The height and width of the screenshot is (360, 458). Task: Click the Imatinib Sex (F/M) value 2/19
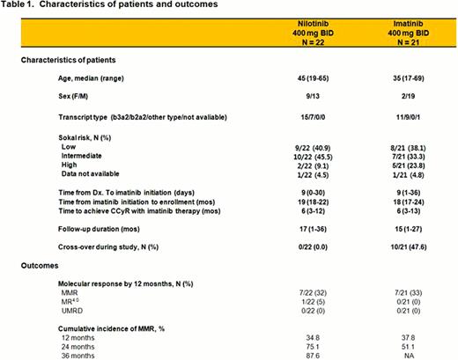click(x=406, y=100)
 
